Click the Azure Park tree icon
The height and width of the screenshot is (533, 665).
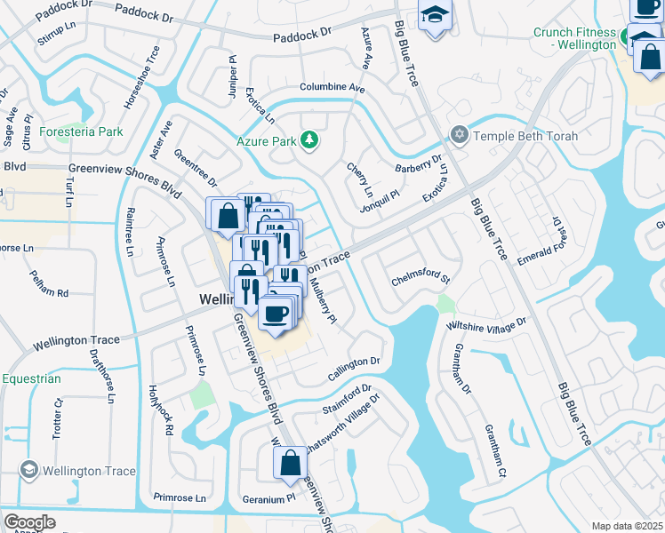point(309,140)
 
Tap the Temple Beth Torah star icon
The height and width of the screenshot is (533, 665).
point(459,136)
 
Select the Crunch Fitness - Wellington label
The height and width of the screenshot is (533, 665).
point(575,38)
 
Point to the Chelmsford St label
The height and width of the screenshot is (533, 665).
point(422,281)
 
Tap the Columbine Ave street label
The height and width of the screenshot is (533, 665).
point(332,89)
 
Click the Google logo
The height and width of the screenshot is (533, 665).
point(29,522)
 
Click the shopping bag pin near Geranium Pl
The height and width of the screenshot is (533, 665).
point(290,463)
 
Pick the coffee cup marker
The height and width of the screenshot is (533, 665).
point(275,314)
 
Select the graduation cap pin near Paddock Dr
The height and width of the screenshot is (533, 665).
point(435,15)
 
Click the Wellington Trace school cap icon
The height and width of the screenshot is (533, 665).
point(28,471)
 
